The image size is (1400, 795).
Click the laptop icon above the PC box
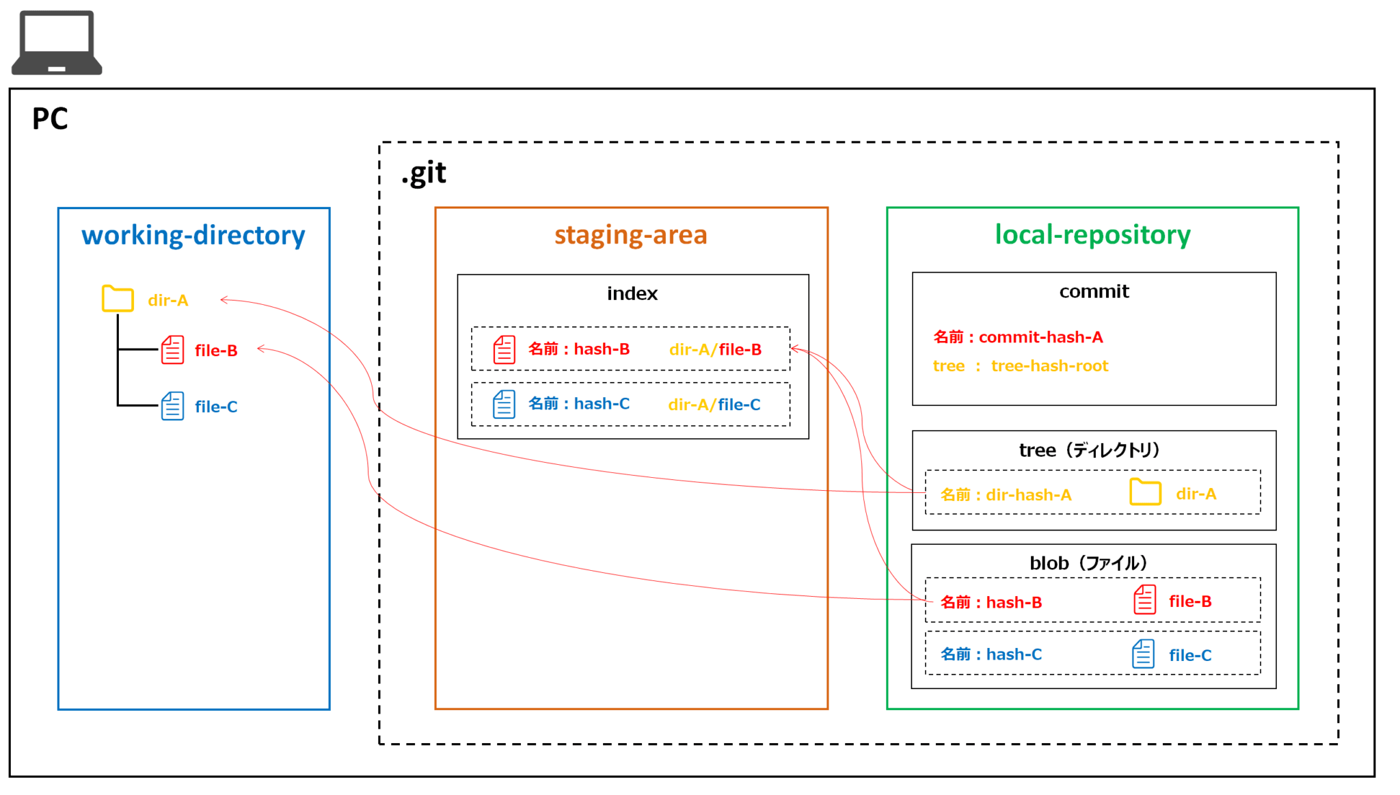pos(57,42)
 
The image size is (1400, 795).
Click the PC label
pos(50,119)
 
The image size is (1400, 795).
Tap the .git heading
pos(424,173)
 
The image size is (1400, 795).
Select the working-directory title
pos(193,235)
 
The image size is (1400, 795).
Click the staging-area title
pos(630,234)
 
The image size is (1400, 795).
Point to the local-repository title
pos(1092,234)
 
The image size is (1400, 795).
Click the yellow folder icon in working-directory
pos(118,299)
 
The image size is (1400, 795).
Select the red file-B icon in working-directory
pos(172,349)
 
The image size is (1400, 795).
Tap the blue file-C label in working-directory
pos(216,407)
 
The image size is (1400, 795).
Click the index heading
pos(632,293)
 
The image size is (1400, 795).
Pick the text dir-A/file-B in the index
pos(715,349)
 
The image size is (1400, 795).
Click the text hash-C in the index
pos(602,404)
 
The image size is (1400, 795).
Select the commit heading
pos(1094,291)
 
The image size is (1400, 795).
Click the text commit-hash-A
pos(1040,337)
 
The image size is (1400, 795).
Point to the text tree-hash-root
pos(1049,366)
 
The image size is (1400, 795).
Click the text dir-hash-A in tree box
pos(1028,495)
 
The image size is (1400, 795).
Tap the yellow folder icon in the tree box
pos(1145,491)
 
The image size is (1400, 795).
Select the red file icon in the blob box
pos(1144,599)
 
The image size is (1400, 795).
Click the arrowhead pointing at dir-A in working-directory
pos(223,299)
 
